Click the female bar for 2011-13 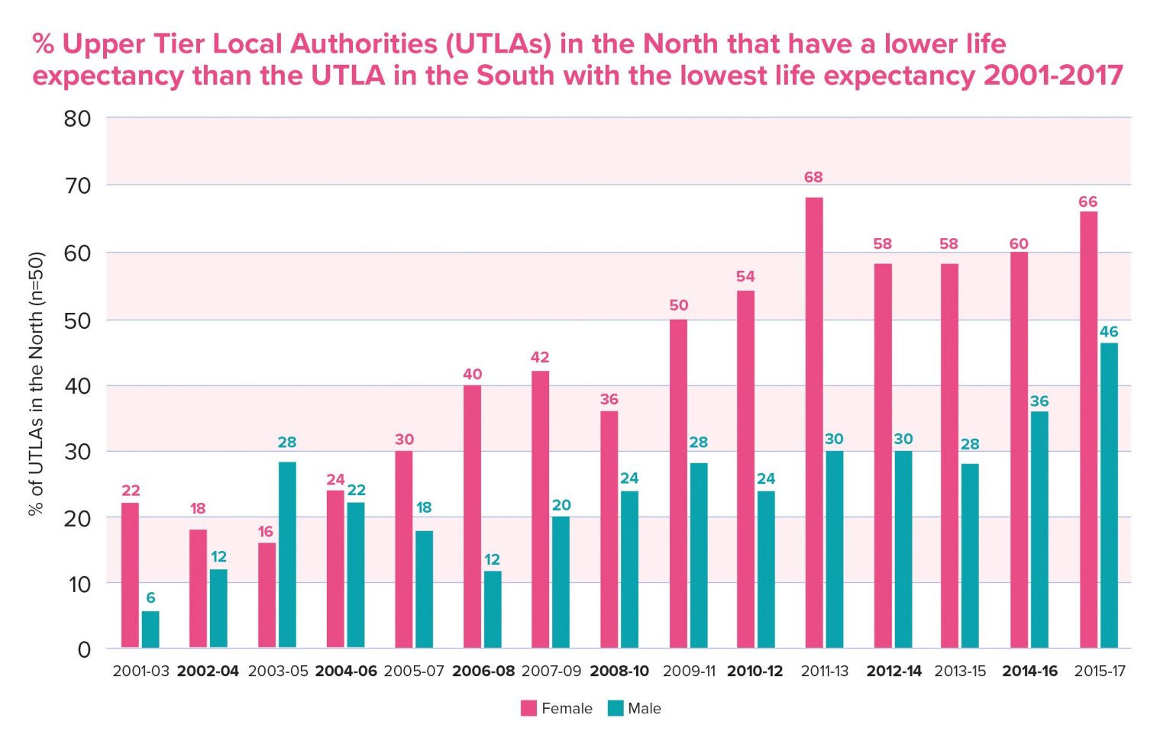click(813, 423)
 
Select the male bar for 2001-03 click(150, 630)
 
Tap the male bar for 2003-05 click(287, 555)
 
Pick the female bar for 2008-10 click(609, 530)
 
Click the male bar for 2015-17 click(1108, 495)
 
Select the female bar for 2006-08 click(472, 517)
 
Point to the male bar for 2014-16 click(1039, 530)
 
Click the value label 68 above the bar click(813, 177)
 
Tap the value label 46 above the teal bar click(1108, 332)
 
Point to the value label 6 click(150, 597)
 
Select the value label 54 click(745, 276)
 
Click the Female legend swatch click(528, 708)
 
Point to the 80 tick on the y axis click(77, 118)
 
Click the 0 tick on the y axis click(84, 649)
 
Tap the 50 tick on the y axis click(77, 320)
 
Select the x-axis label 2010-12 click(755, 671)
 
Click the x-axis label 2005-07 click(413, 671)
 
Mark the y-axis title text click(36, 384)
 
